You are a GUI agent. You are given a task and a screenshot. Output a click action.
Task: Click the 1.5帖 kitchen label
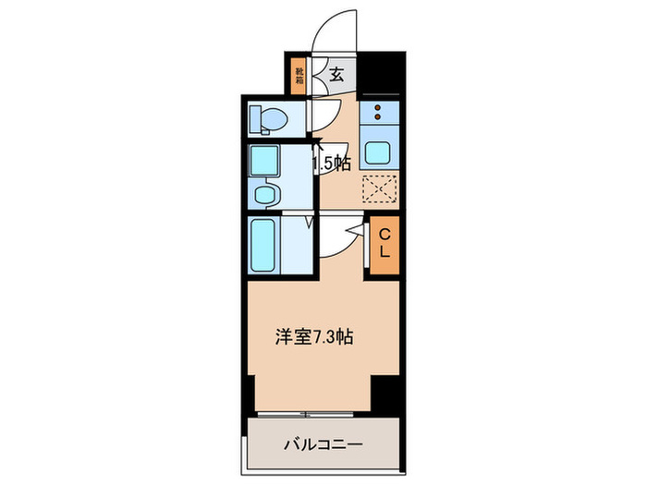(331, 164)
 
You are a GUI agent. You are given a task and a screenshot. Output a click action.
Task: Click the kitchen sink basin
(378, 152)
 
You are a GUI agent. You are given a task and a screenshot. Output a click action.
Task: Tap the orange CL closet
(385, 243)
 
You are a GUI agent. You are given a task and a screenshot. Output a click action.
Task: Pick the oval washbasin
(266, 195)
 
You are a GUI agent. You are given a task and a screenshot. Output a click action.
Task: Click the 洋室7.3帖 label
(311, 338)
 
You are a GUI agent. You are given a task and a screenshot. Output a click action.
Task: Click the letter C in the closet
(385, 234)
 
